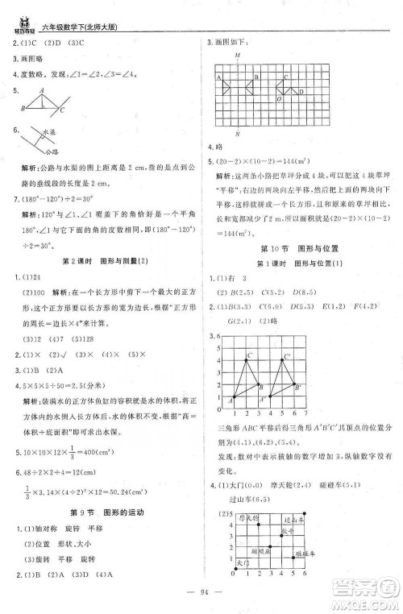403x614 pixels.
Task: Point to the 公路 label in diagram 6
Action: click(52, 150)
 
